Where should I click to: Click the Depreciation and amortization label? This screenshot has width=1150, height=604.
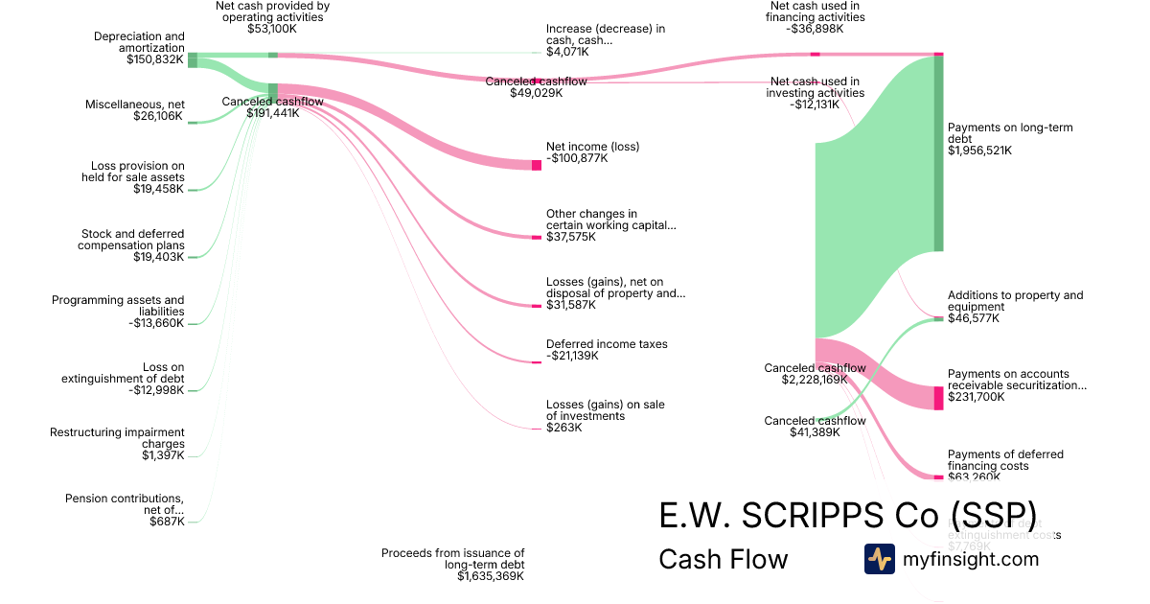click(139, 42)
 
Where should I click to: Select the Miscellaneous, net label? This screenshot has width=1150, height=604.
click(134, 105)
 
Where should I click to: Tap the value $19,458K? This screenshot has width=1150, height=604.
click(159, 189)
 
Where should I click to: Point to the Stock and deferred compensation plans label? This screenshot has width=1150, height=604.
click(131, 240)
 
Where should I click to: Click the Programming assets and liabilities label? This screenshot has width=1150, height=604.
click(118, 306)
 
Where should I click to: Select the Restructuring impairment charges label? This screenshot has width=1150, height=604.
click(117, 438)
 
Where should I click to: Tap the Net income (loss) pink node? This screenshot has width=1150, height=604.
click(537, 165)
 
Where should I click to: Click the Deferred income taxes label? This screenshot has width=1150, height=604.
click(607, 344)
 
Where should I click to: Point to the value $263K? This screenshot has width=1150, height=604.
click(563, 428)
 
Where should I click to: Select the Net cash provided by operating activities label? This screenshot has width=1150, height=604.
click(273, 12)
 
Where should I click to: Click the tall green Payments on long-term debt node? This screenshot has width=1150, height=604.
click(939, 153)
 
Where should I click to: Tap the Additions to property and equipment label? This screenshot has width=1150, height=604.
click(1015, 301)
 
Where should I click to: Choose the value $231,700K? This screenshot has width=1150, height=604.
click(977, 397)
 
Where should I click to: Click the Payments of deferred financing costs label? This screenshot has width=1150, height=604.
click(1005, 460)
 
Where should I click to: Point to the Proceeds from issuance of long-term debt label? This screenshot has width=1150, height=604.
click(452, 559)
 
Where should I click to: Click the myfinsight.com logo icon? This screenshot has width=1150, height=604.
click(879, 559)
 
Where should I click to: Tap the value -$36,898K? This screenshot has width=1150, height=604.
click(807, 29)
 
